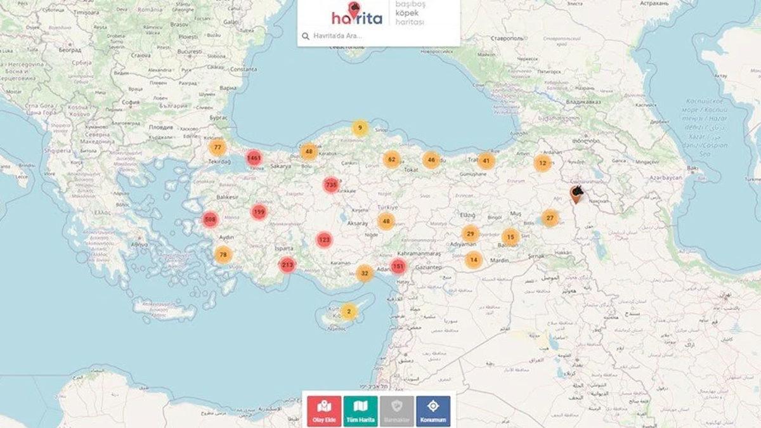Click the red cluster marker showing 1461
point(254,157)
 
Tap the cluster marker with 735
point(330,185)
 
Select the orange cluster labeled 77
point(218,148)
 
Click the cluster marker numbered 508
point(210,220)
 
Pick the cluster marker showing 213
point(287,265)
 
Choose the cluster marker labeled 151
point(398,266)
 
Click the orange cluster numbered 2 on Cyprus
point(349,311)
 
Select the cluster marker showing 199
point(259,212)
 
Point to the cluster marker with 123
point(325,240)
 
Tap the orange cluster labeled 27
point(550,218)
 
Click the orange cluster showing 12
point(542,163)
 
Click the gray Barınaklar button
point(397,411)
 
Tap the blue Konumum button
point(433,411)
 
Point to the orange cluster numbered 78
point(223,255)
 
